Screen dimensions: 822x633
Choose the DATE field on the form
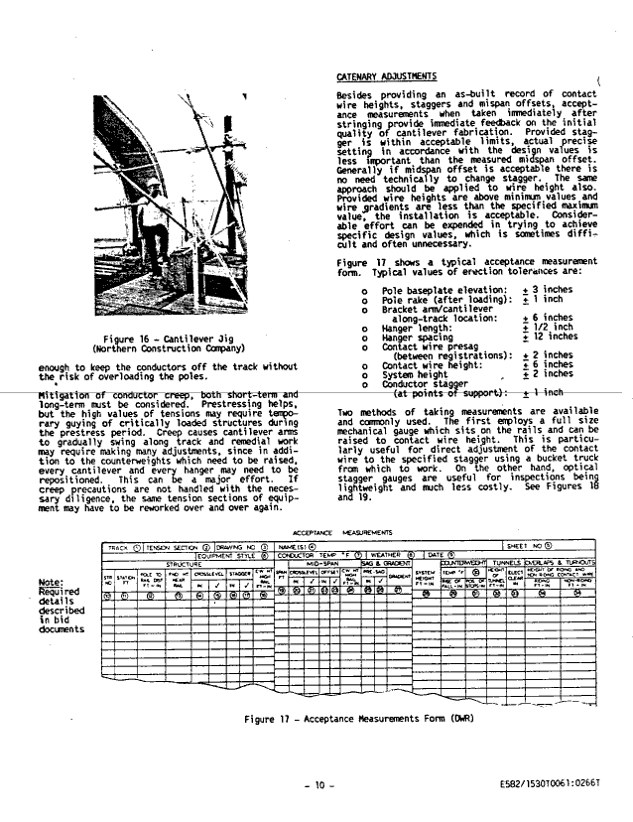[x=437, y=555]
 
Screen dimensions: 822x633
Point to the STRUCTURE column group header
[x=183, y=564]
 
